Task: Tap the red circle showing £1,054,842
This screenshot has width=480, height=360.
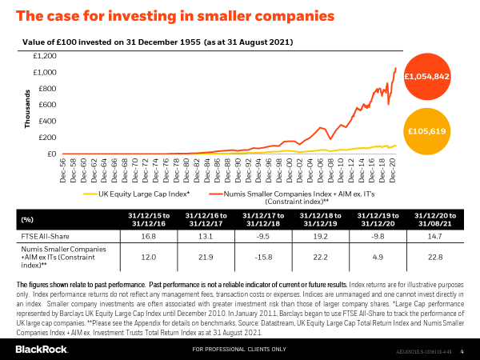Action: [426, 77]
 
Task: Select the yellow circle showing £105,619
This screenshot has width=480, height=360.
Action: [426, 130]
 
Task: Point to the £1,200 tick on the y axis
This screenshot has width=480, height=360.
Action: [45, 56]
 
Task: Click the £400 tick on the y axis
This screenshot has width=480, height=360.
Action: [47, 121]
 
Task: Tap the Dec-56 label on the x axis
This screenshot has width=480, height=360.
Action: [64, 170]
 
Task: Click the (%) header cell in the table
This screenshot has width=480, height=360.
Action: [27, 218]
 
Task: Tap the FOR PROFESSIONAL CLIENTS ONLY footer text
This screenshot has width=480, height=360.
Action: [239, 350]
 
